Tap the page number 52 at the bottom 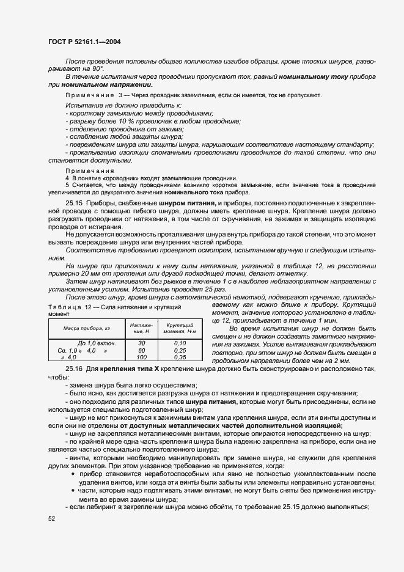[x=51, y=519]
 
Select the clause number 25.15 [x=74, y=202]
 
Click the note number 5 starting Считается [x=67, y=185]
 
